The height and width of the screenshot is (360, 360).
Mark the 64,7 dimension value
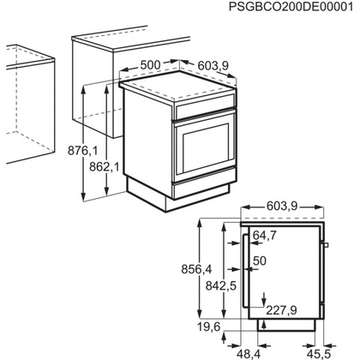pyautogui.click(x=264, y=235)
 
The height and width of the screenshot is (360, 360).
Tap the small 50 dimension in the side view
pyautogui.click(x=261, y=260)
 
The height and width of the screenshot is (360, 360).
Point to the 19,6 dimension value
pyautogui.click(x=206, y=326)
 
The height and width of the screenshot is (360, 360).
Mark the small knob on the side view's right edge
pyautogui.click(x=327, y=248)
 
